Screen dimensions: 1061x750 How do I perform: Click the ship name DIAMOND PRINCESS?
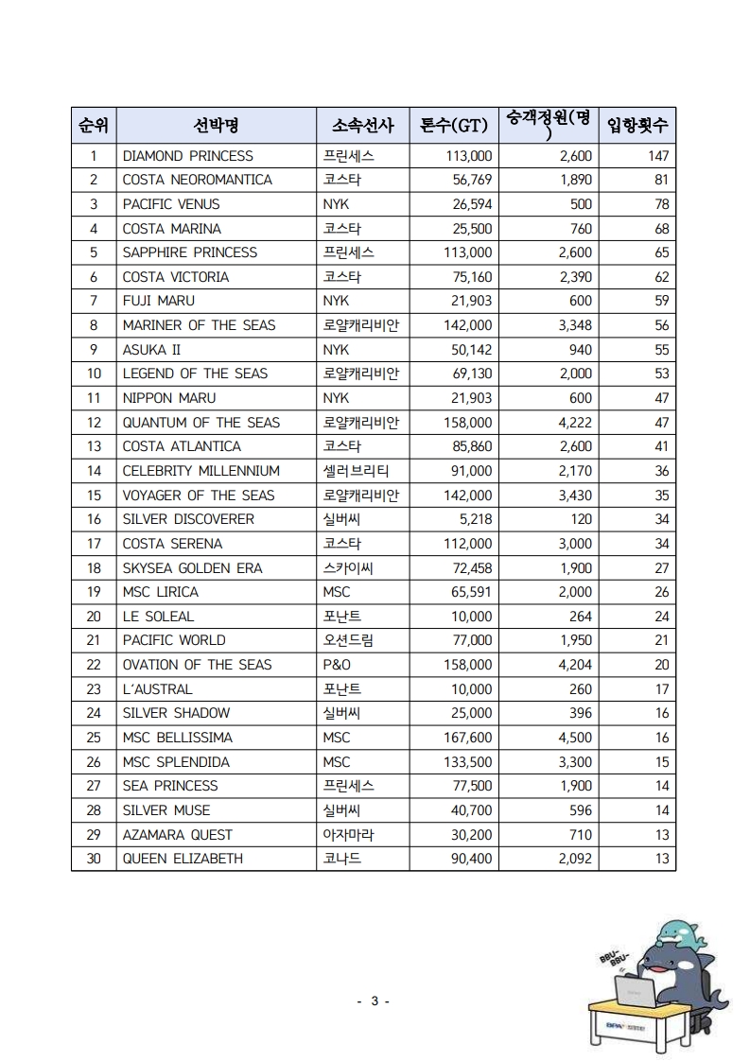188,156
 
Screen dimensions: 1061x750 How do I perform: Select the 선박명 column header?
216,126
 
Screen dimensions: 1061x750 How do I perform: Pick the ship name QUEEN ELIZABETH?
183,859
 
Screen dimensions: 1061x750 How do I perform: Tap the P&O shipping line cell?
337,665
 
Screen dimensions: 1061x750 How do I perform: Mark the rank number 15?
94,496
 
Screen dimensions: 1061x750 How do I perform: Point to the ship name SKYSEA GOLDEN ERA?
192,568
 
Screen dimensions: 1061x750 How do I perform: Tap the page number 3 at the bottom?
375,1001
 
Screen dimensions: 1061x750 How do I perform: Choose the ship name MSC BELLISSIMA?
177,738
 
